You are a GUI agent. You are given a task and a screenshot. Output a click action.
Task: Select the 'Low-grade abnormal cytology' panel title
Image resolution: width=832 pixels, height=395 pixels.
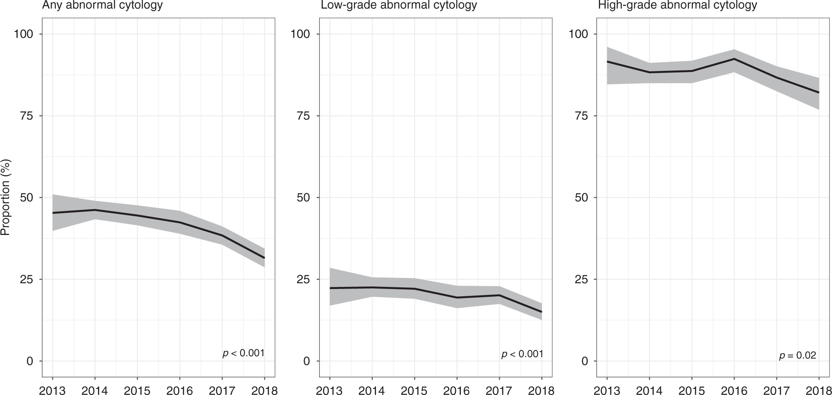[399, 5]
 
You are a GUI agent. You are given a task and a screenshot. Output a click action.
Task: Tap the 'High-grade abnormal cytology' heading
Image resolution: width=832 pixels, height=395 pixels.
[677, 5]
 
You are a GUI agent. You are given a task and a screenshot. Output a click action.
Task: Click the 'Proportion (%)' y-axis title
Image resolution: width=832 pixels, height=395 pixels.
[5, 197]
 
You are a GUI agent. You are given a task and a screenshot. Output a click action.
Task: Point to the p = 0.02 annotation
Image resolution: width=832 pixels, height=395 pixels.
[798, 355]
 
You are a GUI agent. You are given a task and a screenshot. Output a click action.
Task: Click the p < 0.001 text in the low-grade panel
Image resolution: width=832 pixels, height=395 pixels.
[522, 354]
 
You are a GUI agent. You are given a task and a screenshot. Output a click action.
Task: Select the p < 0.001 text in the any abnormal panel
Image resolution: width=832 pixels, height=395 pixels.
[244, 353]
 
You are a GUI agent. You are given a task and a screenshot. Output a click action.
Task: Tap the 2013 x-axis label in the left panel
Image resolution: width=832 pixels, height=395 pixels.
[52, 390]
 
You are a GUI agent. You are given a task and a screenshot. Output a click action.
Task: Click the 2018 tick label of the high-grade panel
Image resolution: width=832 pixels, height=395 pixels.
[818, 390]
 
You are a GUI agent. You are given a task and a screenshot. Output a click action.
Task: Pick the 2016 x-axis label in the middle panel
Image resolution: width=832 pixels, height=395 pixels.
[457, 390]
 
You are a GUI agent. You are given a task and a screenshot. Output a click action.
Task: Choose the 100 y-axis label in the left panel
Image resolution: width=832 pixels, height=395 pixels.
[23, 34]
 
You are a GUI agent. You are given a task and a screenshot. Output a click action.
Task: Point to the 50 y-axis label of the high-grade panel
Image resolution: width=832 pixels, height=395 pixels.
[581, 198]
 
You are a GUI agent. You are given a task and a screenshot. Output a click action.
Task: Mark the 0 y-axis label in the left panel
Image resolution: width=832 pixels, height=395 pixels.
[29, 361]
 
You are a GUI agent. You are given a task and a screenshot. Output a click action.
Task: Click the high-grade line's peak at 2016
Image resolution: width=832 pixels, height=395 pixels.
[734, 59]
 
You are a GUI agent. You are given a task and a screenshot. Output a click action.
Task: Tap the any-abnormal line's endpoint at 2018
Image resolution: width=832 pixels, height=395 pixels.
[264, 258]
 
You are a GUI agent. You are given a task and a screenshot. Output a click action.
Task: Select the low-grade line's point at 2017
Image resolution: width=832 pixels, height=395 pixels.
[499, 295]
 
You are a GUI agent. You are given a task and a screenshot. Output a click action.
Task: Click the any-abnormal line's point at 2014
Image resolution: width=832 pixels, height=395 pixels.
[95, 210]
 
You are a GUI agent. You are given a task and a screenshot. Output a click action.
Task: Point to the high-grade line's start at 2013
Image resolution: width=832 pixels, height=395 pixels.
[607, 61]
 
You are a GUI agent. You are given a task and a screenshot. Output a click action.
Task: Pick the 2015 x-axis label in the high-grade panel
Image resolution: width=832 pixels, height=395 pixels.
[691, 390]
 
